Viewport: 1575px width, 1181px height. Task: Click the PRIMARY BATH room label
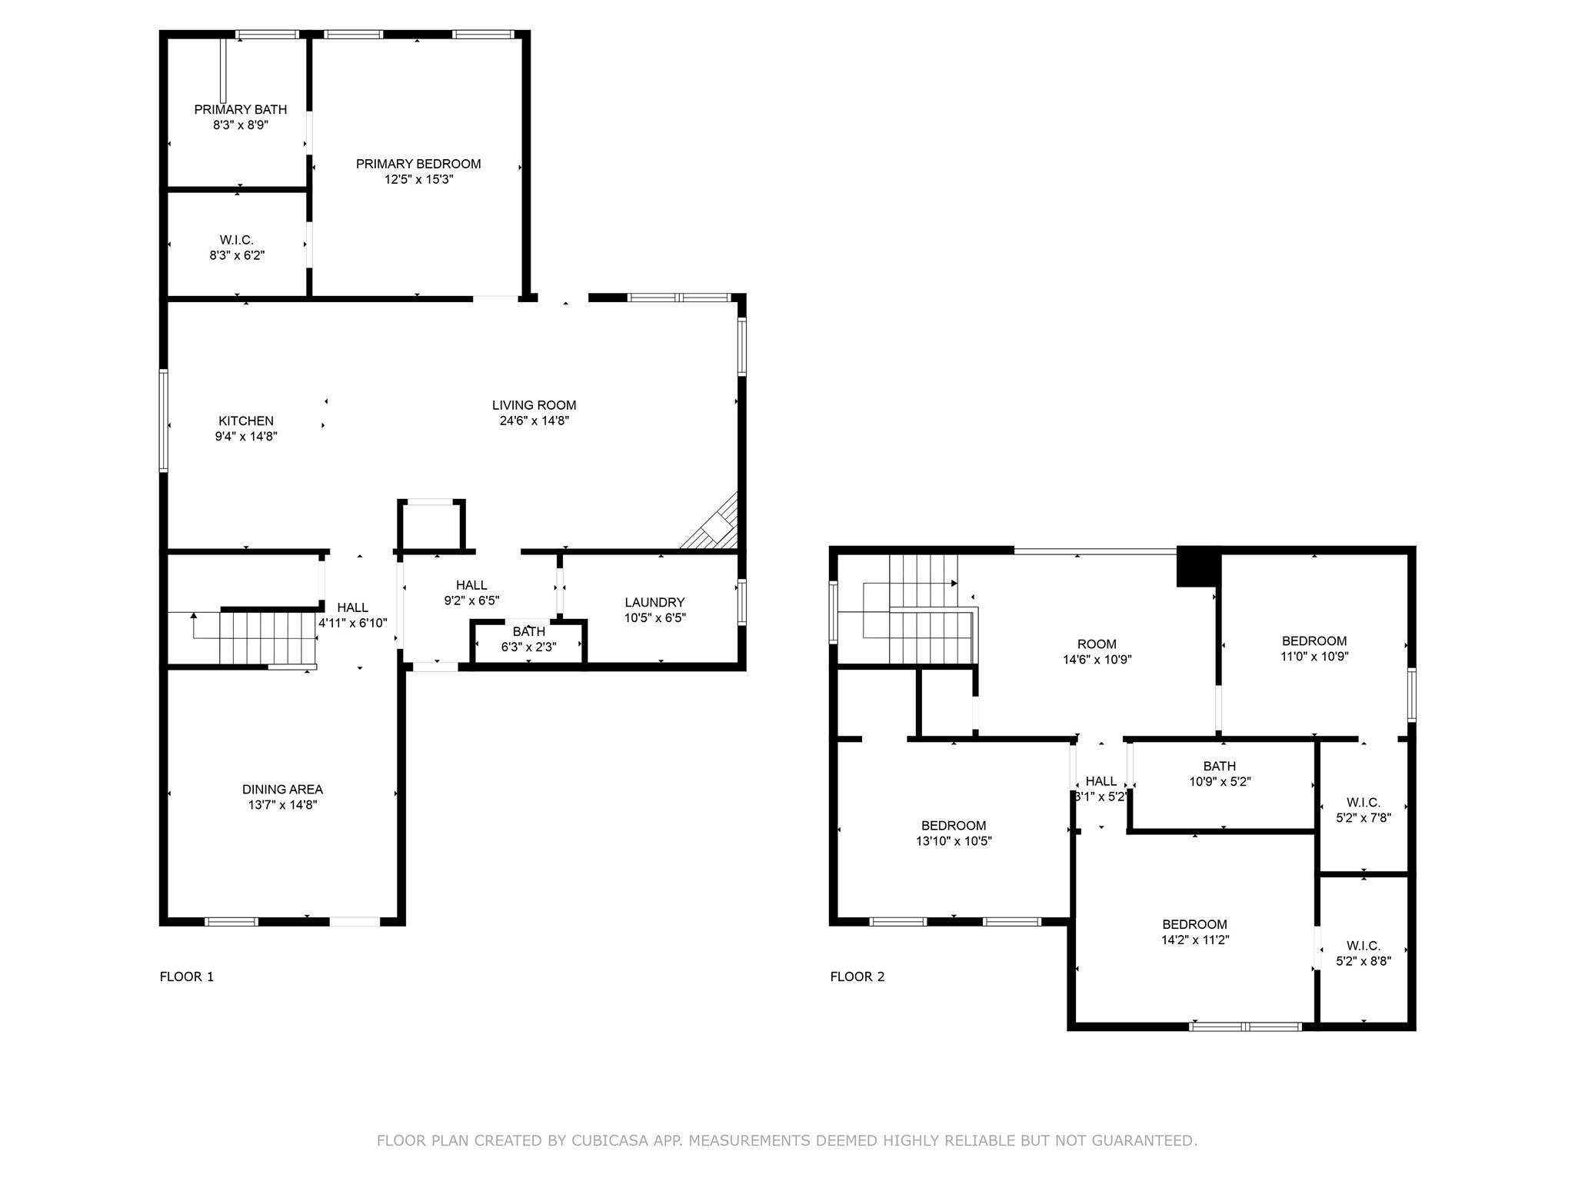240,110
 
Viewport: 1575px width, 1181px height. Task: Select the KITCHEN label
246,421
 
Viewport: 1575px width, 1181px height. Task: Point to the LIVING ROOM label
534,405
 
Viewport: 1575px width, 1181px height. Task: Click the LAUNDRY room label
654,602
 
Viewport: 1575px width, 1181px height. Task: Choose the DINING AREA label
282,789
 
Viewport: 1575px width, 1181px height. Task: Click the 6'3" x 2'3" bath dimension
528,647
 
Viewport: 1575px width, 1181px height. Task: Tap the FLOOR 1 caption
187,976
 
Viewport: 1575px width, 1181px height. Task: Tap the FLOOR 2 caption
857,976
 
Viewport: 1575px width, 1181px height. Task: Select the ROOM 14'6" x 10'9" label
1097,644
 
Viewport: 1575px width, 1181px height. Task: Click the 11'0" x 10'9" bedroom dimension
1314,657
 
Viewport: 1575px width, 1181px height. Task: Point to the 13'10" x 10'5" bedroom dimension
954,841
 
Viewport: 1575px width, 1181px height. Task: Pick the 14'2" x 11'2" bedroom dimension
1194,940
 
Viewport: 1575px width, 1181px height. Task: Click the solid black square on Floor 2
1197,567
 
